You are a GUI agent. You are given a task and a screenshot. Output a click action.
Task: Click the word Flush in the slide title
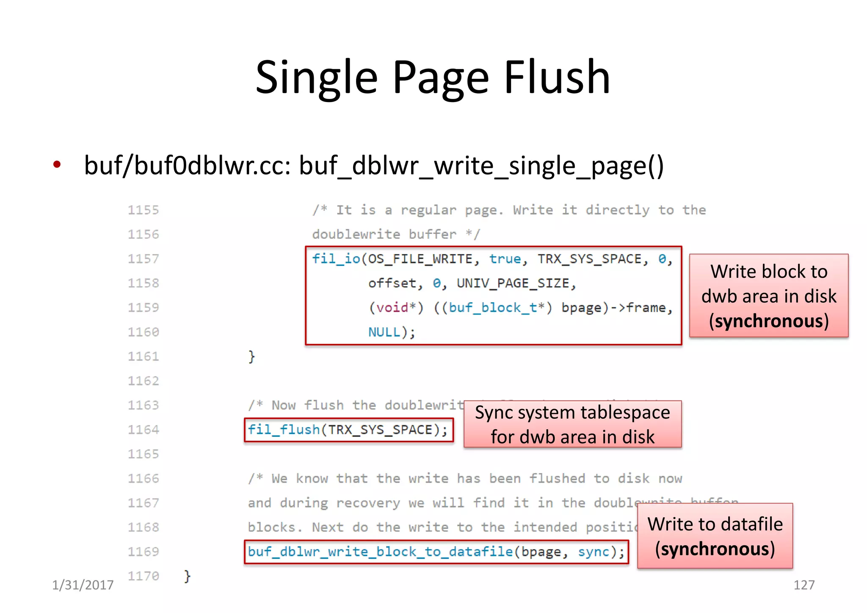pyautogui.click(x=557, y=77)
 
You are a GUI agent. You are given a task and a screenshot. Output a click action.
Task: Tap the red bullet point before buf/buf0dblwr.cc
pyautogui.click(x=57, y=165)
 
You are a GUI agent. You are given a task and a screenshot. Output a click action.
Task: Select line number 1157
pyautogui.click(x=144, y=259)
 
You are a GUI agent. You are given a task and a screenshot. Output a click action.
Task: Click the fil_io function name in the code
pyautogui.click(x=336, y=259)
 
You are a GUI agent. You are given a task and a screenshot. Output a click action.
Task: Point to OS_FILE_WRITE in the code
pyautogui.click(x=420, y=259)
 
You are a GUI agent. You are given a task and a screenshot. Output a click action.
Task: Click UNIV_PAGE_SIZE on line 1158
pyautogui.click(x=513, y=283)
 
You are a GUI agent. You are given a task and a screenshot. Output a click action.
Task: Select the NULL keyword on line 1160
pyautogui.click(x=384, y=332)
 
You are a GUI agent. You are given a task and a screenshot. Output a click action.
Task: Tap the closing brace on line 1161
pyautogui.click(x=251, y=356)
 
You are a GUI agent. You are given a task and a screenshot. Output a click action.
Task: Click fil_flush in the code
pyautogui.click(x=284, y=430)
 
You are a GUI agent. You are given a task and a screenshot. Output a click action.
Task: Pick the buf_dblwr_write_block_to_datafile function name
pyautogui.click(x=380, y=552)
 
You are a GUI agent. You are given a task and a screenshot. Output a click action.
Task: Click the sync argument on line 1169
pyautogui.click(x=594, y=552)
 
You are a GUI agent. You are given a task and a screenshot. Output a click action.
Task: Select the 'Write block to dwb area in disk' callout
pyautogui.click(x=768, y=296)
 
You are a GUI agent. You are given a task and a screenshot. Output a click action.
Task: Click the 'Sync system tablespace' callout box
pyautogui.click(x=572, y=424)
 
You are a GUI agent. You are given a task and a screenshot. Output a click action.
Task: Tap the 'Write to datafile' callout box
pyautogui.click(x=715, y=536)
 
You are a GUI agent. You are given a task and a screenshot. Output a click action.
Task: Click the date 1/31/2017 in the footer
pyautogui.click(x=83, y=585)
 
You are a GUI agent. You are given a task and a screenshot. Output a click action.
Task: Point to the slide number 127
pyautogui.click(x=803, y=585)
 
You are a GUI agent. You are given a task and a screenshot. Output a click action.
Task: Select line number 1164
pyautogui.click(x=144, y=430)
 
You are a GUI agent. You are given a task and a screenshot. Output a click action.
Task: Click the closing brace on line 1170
pyautogui.click(x=187, y=576)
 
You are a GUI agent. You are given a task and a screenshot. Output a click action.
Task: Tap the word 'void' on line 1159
pyautogui.click(x=392, y=308)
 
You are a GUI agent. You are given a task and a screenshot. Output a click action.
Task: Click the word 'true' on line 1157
pyautogui.click(x=505, y=259)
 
